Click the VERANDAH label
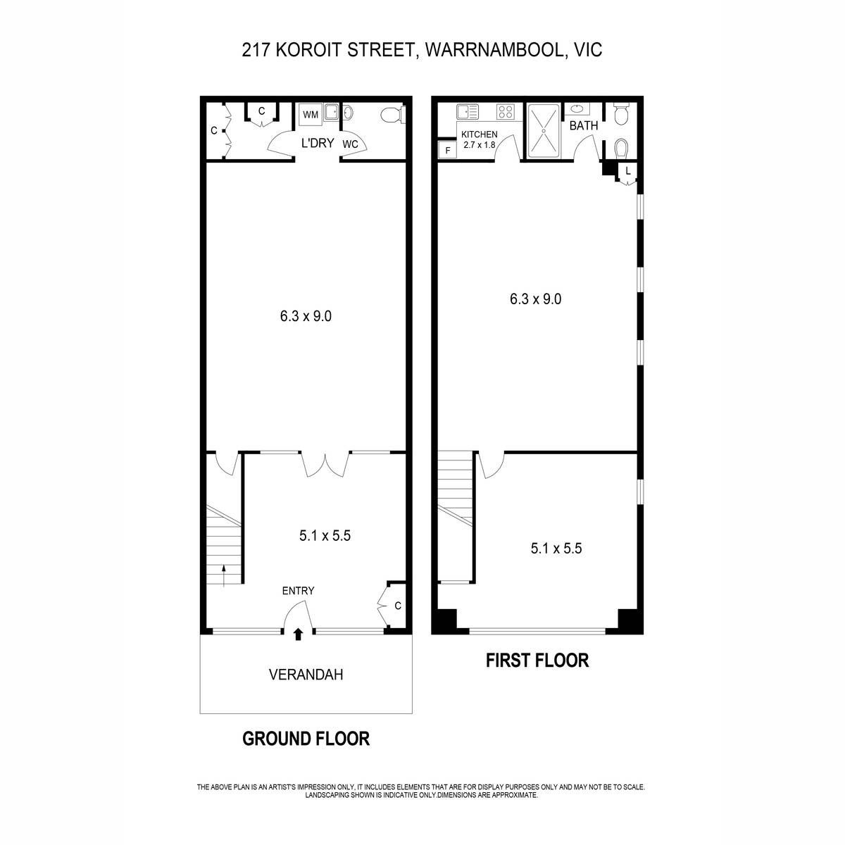click(x=306, y=675)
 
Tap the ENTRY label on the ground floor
click(x=298, y=591)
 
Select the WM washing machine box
click(x=311, y=115)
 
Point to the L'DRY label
click(x=318, y=143)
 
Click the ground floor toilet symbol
click(x=392, y=115)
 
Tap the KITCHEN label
click(x=480, y=134)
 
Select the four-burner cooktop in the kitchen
click(x=505, y=112)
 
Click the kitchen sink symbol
click(x=466, y=112)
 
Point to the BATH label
click(x=584, y=126)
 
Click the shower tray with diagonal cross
click(x=544, y=130)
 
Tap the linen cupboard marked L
click(x=627, y=171)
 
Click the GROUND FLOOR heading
click(x=306, y=739)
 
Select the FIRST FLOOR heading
click(x=537, y=661)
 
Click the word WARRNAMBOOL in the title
click(x=494, y=50)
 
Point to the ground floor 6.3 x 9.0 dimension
click(x=306, y=316)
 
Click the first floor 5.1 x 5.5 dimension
click(x=556, y=549)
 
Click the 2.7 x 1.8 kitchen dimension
click(x=480, y=145)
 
